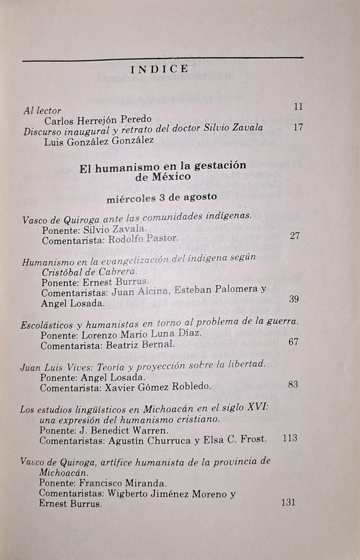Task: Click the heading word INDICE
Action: [x=160, y=69]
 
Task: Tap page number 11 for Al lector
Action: [x=298, y=106]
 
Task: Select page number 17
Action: [x=298, y=127]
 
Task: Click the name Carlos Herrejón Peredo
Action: [x=98, y=120]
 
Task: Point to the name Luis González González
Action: [x=99, y=141]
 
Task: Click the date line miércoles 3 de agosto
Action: [x=162, y=198]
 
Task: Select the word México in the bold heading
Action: [x=172, y=177]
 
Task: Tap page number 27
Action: [x=295, y=236]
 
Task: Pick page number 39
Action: [x=294, y=299]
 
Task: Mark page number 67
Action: [x=293, y=341]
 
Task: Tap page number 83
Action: [x=293, y=384]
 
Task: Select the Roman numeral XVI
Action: [x=257, y=407]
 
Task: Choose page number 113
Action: [x=290, y=438]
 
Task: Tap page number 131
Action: [x=288, y=502]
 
